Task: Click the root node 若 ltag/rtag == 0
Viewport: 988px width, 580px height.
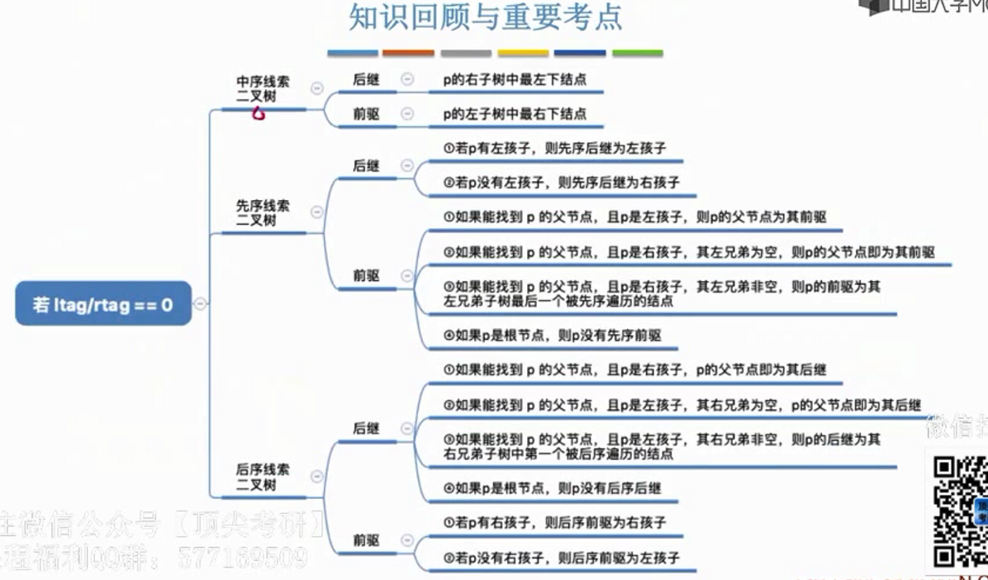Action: point(103,304)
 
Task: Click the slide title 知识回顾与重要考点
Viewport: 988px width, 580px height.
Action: point(485,17)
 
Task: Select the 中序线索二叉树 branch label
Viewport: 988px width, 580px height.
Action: point(263,89)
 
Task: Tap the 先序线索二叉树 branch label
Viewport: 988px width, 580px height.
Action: point(263,213)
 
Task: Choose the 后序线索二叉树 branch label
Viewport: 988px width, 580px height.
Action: point(263,477)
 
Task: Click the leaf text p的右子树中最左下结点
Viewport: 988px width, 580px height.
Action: point(514,80)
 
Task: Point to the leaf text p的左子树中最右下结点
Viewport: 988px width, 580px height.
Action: point(514,114)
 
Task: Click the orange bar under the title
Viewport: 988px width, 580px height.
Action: point(408,53)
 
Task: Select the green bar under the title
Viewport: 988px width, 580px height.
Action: point(637,53)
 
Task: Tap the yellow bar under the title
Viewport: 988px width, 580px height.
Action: point(523,53)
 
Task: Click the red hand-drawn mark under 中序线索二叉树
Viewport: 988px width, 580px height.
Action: point(259,114)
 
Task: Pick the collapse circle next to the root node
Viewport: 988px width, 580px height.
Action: point(199,304)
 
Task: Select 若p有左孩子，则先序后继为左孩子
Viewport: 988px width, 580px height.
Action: point(554,149)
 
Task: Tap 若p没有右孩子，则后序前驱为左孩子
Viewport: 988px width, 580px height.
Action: point(561,558)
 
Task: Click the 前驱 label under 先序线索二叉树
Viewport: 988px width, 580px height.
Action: point(366,275)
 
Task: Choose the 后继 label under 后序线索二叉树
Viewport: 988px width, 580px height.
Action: point(366,428)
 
